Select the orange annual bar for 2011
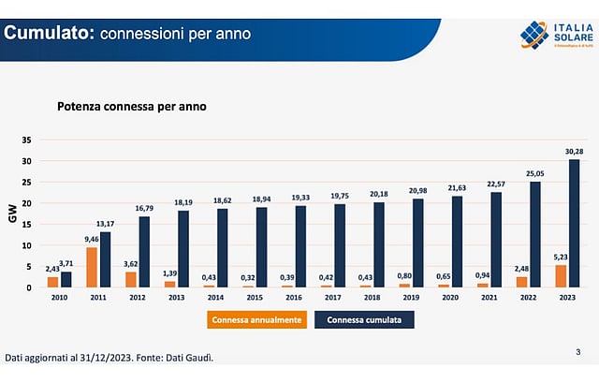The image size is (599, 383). [x=91, y=267]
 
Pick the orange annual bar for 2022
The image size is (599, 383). [x=521, y=281]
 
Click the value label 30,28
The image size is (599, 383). [x=574, y=152]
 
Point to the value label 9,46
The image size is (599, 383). [x=91, y=240]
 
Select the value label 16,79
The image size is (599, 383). [x=143, y=208]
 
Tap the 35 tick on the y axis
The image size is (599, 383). [x=27, y=140]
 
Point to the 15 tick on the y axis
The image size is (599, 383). [x=27, y=224]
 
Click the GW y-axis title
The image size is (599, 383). [x=13, y=214]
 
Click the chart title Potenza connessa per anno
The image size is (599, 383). [x=131, y=107]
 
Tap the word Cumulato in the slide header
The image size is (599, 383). [x=48, y=34]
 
